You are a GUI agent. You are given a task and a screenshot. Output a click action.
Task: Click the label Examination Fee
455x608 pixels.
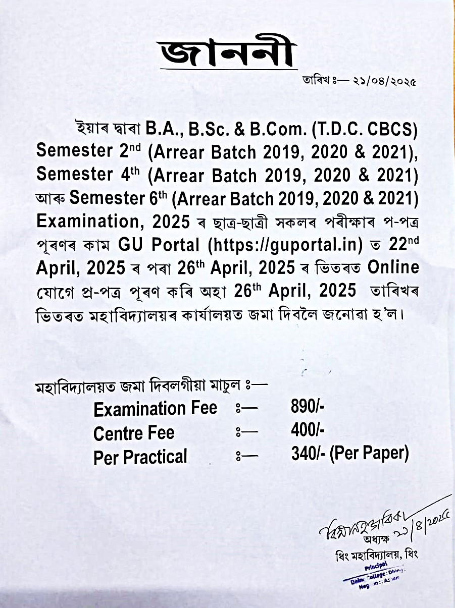click(x=156, y=409)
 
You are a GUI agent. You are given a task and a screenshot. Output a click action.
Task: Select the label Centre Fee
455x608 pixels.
click(x=134, y=433)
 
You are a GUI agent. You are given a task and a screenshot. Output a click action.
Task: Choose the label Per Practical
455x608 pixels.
click(x=140, y=457)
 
